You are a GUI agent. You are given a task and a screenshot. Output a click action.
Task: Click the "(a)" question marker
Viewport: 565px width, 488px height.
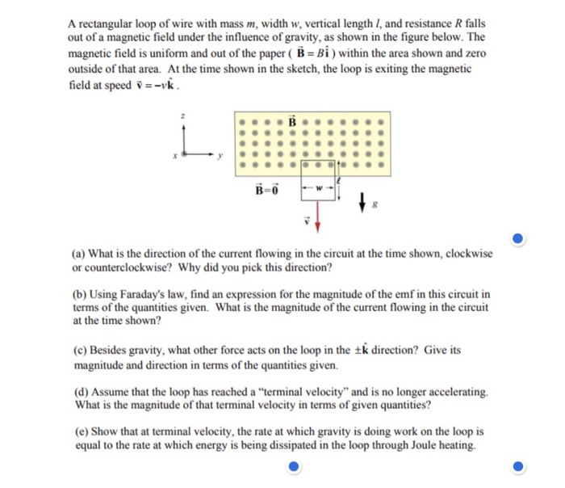(x=75, y=254)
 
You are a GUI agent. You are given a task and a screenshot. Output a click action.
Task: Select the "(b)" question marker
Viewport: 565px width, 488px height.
(x=75, y=294)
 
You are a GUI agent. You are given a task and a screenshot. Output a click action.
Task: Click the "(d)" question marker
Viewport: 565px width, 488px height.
(x=75, y=392)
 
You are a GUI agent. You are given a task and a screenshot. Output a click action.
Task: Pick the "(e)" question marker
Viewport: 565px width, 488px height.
(x=75, y=432)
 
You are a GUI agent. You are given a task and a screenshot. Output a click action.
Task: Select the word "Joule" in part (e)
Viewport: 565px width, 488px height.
(x=412, y=445)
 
